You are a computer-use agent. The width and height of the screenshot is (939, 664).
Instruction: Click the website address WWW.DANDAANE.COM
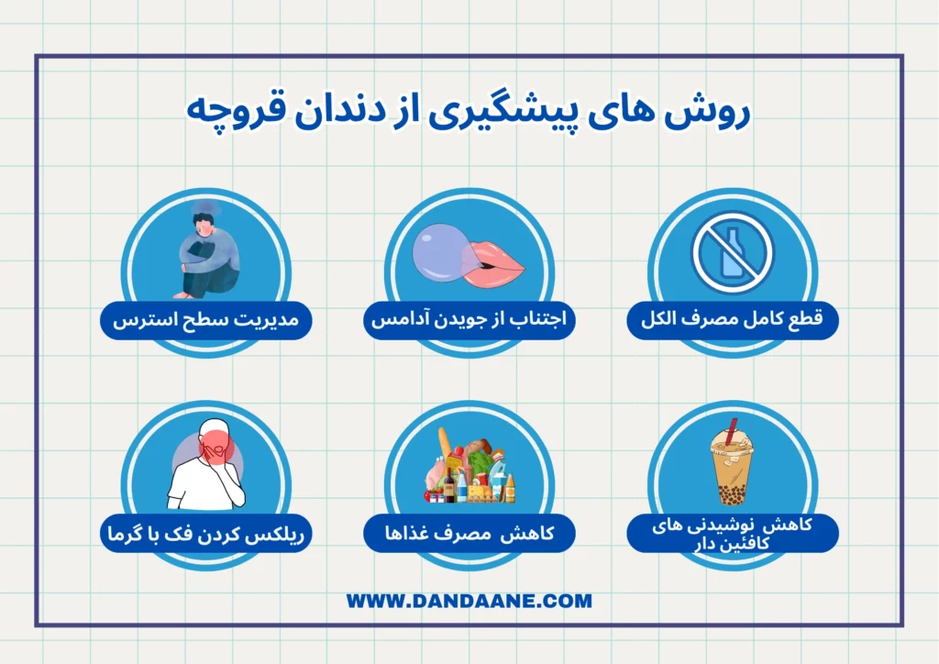coord(469,602)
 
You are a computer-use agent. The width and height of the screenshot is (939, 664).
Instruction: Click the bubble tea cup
coord(731,468)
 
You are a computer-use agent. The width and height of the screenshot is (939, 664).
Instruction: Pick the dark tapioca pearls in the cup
coord(730,495)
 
